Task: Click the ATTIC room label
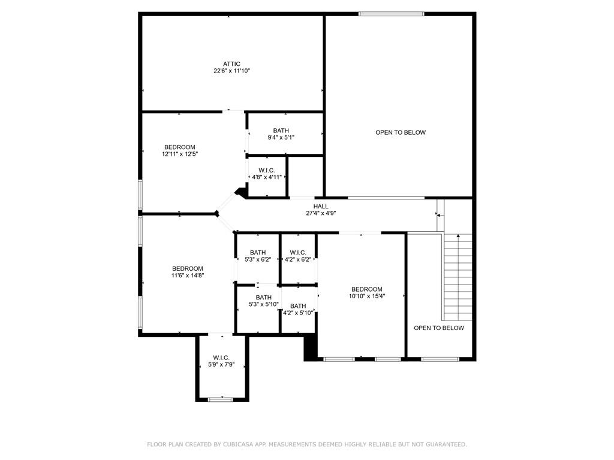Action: (231, 64)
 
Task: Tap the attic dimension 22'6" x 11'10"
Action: (231, 71)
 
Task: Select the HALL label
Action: (321, 207)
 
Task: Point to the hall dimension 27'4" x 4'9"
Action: (321, 214)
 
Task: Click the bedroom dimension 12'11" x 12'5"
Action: (180, 154)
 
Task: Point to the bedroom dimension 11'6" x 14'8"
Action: (188, 276)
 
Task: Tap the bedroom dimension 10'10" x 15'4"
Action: (367, 296)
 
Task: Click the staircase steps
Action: (458, 277)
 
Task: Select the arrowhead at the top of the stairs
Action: (458, 236)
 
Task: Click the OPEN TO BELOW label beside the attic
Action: (400, 132)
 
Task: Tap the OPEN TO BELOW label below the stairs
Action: (438, 328)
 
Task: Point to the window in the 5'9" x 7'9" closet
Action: (220, 400)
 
